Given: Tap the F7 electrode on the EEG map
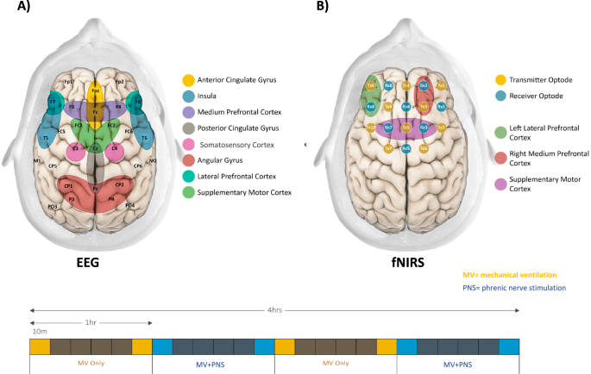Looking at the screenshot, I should point(53,103).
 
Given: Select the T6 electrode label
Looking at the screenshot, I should point(144,137).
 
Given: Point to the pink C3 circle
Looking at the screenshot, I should point(77,149).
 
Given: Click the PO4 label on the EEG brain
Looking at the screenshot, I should point(130,206).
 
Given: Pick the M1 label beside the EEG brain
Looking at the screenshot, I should point(37,161).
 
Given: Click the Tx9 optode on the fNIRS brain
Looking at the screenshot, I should point(371,86).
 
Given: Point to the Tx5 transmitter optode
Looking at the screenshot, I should point(406,128).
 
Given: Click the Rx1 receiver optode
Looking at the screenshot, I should point(440,107).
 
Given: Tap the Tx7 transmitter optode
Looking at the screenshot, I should point(388,148).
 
